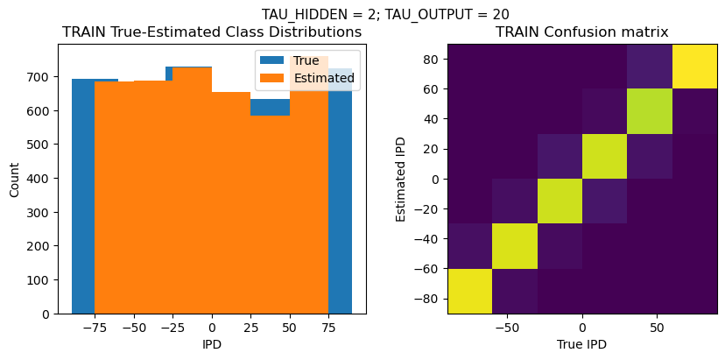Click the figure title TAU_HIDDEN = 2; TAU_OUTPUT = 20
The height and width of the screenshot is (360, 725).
(x=385, y=14)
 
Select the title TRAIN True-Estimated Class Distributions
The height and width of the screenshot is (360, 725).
(x=212, y=32)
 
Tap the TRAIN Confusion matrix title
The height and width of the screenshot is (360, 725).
(x=582, y=32)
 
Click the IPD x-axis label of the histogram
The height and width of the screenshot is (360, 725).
(x=212, y=344)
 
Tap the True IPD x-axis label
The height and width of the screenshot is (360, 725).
(x=582, y=344)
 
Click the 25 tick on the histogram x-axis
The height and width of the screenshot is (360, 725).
(x=250, y=327)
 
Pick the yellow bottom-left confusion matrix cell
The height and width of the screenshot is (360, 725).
(x=469, y=291)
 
